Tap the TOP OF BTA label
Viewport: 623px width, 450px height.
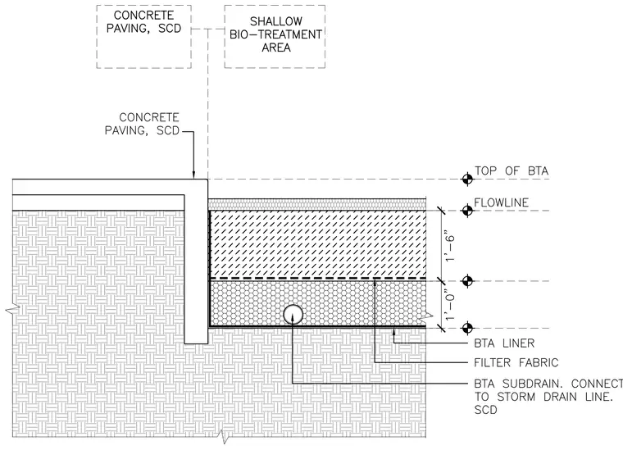pyautogui.click(x=512, y=171)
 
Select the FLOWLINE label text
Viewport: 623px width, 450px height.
pyautogui.click(x=501, y=202)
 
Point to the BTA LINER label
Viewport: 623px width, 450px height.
pyautogui.click(x=504, y=343)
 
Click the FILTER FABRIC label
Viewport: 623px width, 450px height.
pyautogui.click(x=516, y=362)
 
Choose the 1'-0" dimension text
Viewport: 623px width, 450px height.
pyautogui.click(x=449, y=305)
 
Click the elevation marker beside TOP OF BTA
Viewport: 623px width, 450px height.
pyautogui.click(x=467, y=180)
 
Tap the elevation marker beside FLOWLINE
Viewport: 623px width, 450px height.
pyautogui.click(x=467, y=211)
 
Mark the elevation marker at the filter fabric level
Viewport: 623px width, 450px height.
pyautogui.click(x=467, y=281)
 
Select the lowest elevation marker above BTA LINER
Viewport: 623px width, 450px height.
pyautogui.click(x=467, y=328)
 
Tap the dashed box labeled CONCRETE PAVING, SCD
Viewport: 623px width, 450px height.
pyautogui.click(x=97, y=37)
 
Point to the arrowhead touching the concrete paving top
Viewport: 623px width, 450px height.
pyautogui.click(x=194, y=175)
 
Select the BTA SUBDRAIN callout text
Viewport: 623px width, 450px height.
pyautogui.click(x=548, y=397)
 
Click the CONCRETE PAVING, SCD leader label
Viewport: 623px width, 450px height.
pyautogui.click(x=142, y=124)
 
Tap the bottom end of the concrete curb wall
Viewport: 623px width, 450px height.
pyautogui.click(x=196, y=343)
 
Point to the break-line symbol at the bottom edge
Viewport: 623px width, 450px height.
pyautogui.click(x=225, y=437)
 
